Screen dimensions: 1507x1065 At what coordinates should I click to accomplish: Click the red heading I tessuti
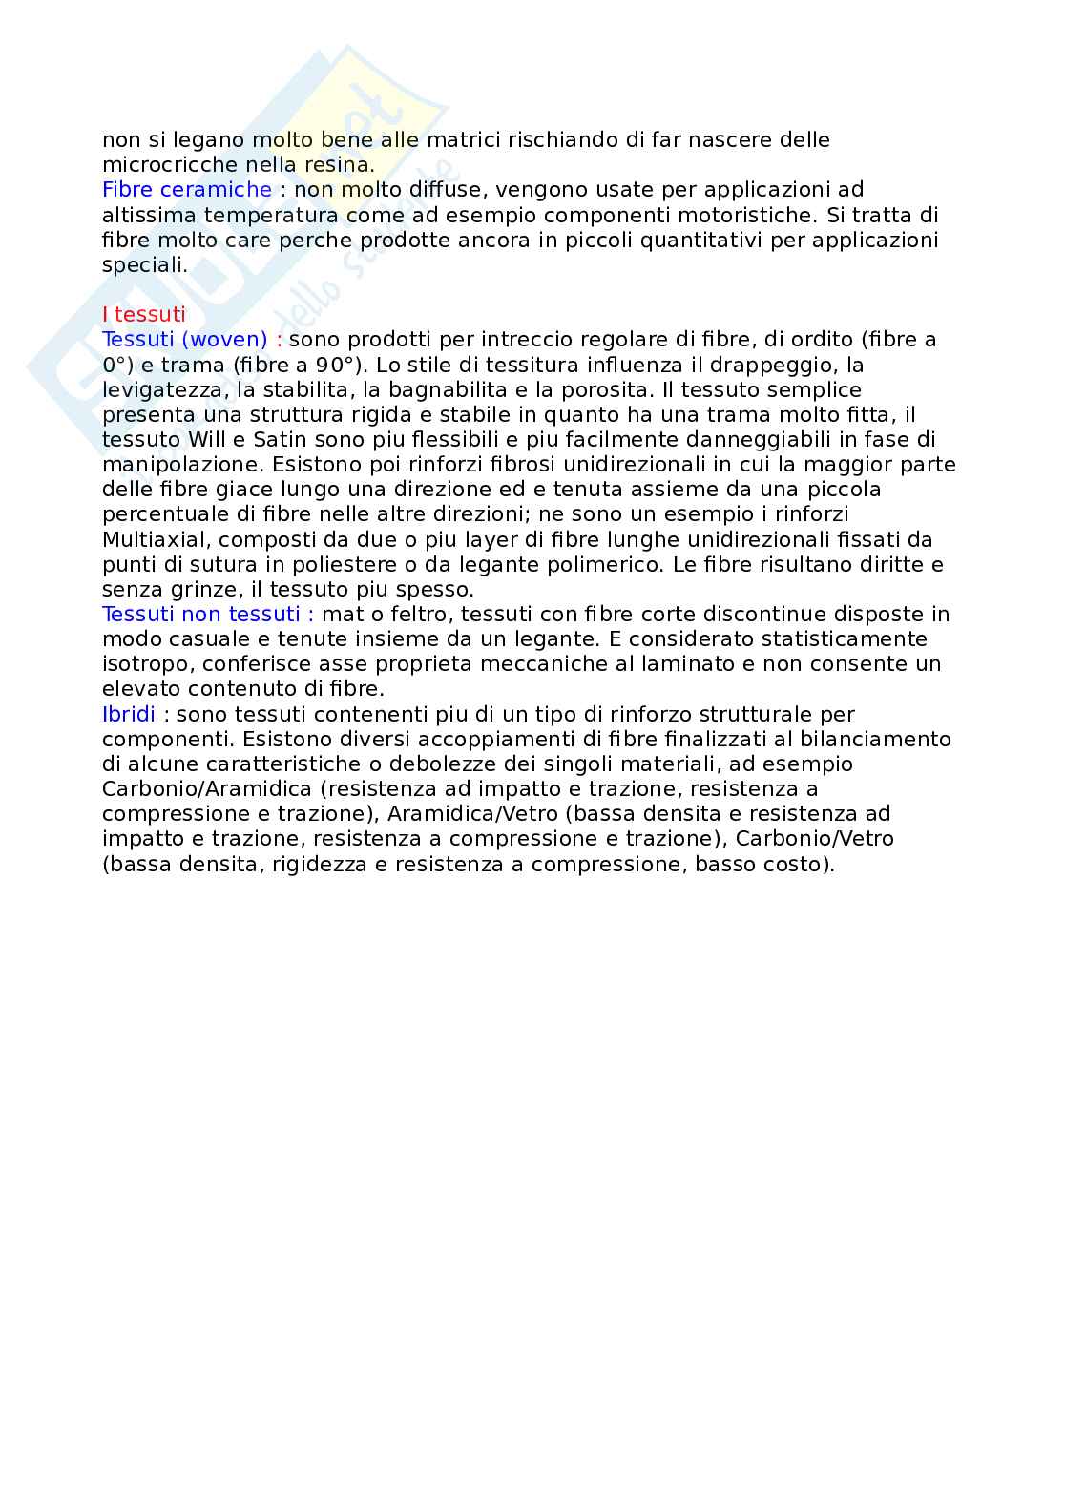click(144, 315)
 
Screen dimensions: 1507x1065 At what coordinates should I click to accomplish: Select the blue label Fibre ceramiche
click(187, 190)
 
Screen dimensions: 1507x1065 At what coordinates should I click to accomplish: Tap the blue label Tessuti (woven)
click(185, 340)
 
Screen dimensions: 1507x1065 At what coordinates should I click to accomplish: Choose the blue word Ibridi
click(129, 715)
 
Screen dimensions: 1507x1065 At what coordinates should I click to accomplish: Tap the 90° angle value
click(330, 365)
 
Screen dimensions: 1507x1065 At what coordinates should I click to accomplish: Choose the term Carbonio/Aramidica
click(207, 789)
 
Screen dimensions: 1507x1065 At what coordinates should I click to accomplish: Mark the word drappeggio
click(774, 365)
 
